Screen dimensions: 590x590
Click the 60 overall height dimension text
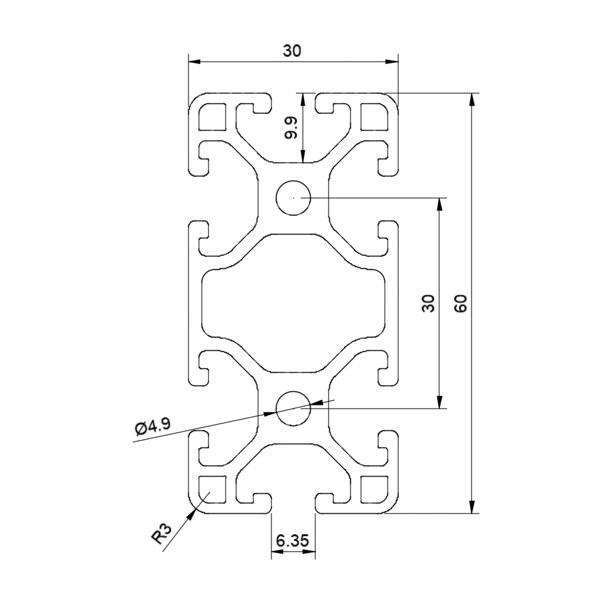(460, 303)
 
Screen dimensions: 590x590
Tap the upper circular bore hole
(293, 198)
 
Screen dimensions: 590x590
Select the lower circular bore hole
(293, 408)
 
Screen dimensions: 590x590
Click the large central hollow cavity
(293, 303)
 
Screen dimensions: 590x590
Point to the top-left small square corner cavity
(212, 117)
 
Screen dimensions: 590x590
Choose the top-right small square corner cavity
(374, 117)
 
